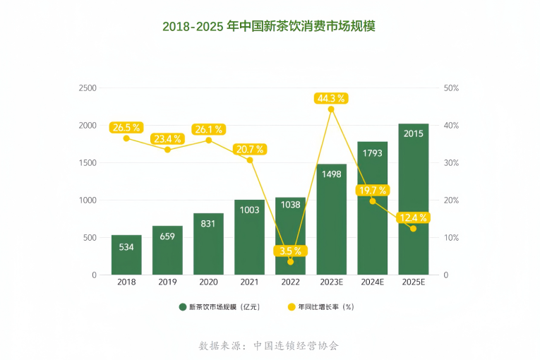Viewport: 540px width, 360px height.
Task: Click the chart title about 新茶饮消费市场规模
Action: (269, 27)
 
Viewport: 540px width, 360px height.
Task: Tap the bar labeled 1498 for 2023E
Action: (331, 220)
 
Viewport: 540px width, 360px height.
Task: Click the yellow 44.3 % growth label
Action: (331, 98)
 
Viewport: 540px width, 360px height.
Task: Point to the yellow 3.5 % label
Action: (290, 251)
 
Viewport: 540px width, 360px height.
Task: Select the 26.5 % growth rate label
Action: (126, 128)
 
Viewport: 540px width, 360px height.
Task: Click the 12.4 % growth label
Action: (413, 217)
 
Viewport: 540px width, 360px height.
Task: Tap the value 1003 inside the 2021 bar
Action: (249, 210)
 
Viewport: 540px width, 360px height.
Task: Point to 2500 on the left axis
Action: (88, 88)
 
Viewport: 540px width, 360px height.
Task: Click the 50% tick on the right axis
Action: (450, 88)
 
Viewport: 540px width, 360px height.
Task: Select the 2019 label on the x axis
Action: (167, 282)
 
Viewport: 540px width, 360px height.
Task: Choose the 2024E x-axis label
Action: (372, 282)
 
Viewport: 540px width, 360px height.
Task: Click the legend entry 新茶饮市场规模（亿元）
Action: (220, 307)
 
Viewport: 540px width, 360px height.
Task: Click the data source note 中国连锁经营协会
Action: (269, 346)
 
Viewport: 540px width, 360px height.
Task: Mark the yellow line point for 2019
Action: (167, 150)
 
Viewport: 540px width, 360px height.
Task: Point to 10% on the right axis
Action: (450, 238)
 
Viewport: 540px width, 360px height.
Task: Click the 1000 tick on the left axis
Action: (88, 200)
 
